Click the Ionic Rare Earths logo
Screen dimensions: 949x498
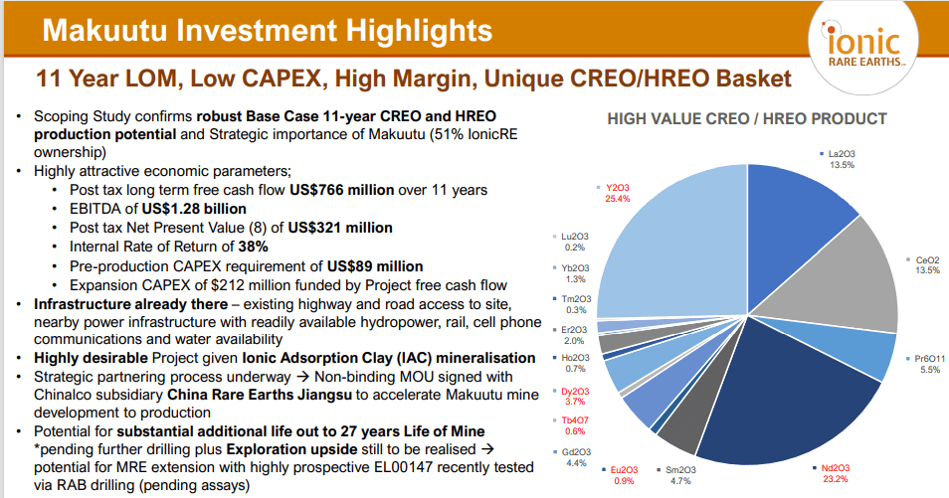[863, 46]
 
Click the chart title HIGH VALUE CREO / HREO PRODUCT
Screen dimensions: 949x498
[747, 118]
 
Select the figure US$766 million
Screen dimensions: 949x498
[341, 190]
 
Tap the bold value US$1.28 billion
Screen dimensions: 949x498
[194, 209]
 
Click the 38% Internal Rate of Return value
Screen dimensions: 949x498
[253, 247]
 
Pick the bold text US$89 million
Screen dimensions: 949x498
[375, 266]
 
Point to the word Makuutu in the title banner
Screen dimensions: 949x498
[104, 30]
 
